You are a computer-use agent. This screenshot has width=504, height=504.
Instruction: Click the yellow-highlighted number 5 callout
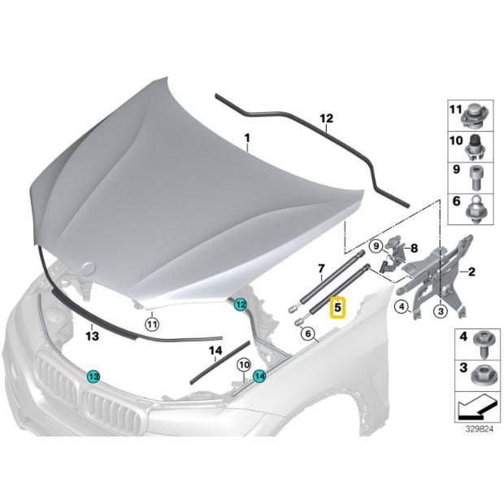(x=337, y=307)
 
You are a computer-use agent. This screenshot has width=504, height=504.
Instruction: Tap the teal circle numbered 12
(x=241, y=304)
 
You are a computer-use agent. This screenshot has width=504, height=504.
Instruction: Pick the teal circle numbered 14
(x=259, y=376)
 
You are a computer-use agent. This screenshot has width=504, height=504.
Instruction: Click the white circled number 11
(x=152, y=324)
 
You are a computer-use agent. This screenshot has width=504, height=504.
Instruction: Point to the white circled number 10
(x=244, y=365)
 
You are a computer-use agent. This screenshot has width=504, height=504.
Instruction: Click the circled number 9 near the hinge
(x=376, y=246)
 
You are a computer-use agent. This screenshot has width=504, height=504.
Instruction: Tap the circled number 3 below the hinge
(x=441, y=311)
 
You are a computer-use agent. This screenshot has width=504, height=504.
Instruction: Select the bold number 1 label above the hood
(x=247, y=138)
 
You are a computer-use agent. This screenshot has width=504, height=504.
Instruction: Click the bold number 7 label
(x=321, y=268)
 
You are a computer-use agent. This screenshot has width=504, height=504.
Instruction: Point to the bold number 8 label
(x=414, y=248)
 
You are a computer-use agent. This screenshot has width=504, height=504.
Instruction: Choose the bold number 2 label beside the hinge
(x=471, y=272)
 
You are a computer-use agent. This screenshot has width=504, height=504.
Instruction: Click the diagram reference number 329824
(x=480, y=429)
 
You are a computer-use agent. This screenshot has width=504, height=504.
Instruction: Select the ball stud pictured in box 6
(x=479, y=209)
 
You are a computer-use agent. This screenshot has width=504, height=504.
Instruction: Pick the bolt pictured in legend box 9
(x=476, y=177)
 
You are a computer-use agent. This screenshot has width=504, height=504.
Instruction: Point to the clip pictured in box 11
(x=475, y=117)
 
